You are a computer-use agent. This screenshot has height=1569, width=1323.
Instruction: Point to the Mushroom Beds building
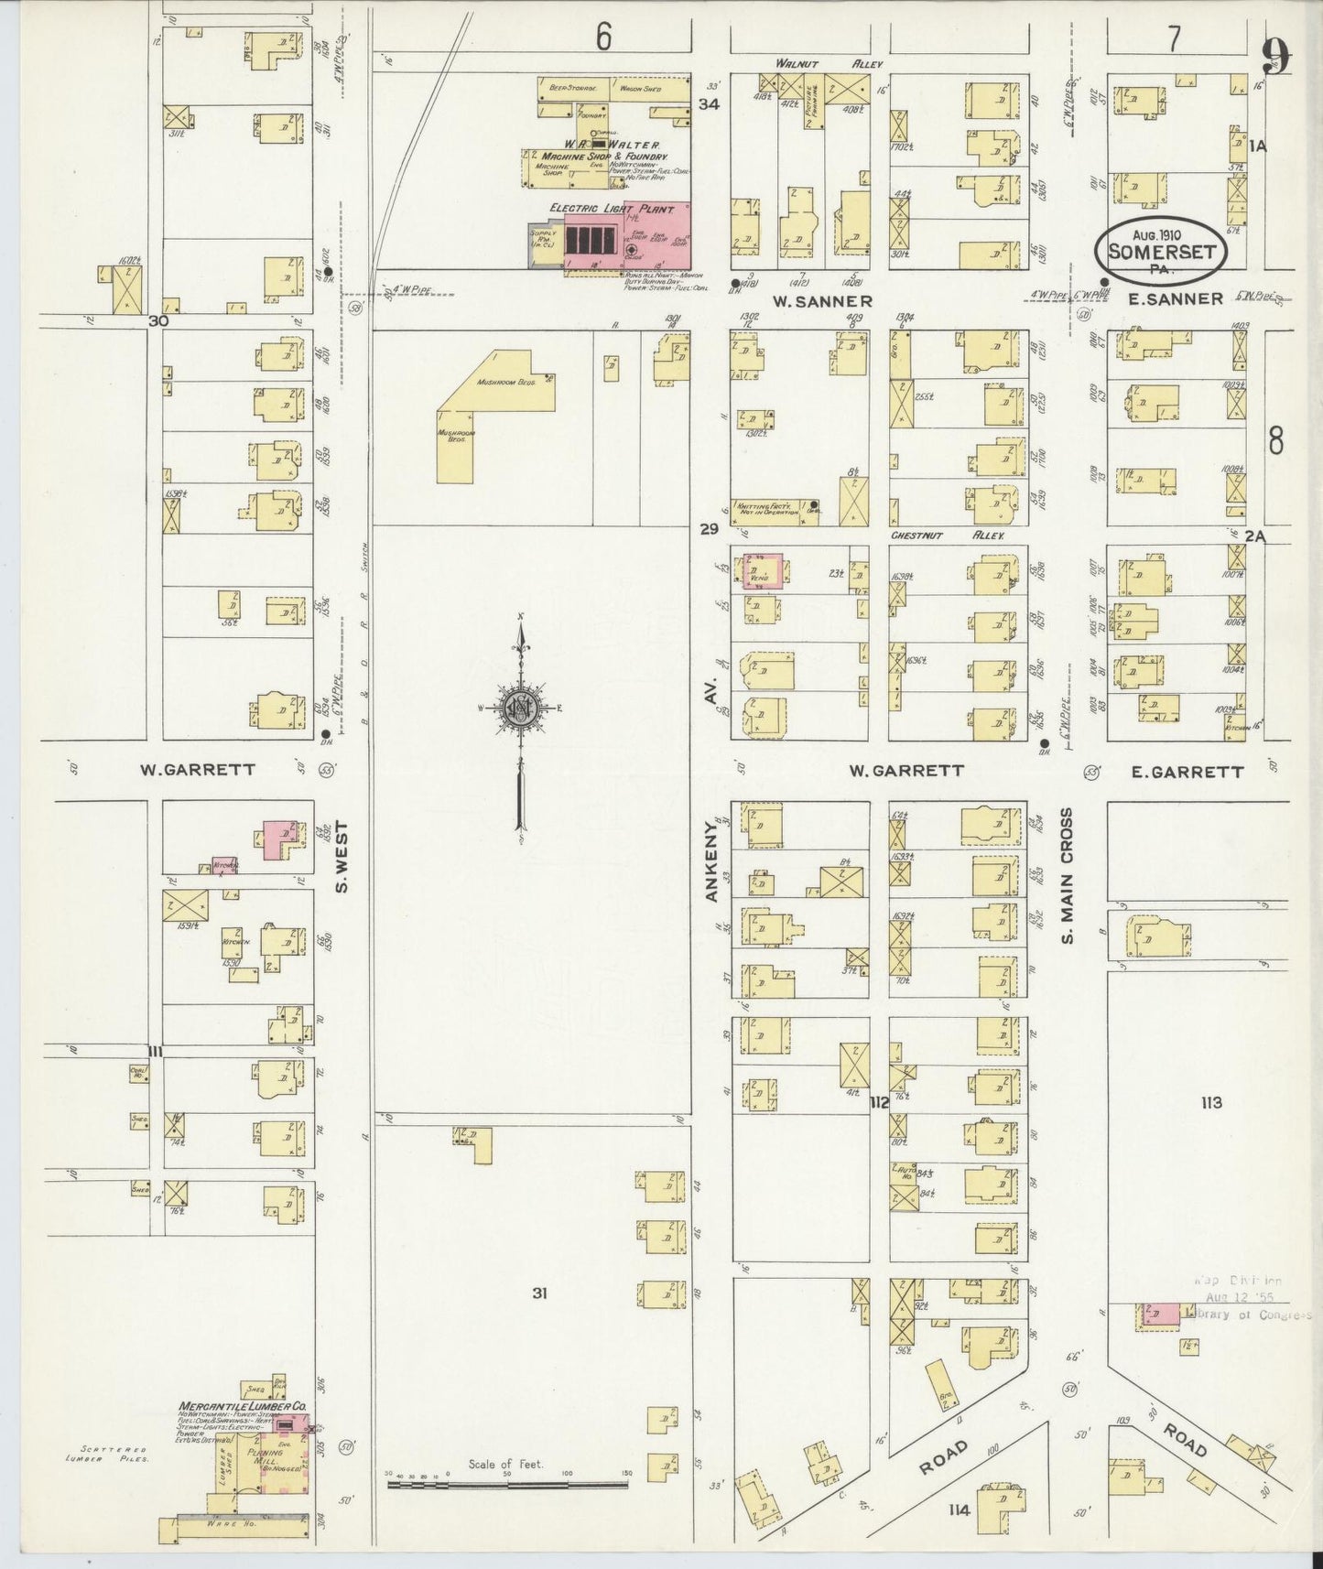pos(494,403)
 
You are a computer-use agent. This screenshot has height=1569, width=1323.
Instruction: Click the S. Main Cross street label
pos(1068,874)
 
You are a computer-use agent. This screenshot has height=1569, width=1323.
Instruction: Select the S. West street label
pos(343,856)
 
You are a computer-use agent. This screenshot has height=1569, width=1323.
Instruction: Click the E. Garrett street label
pos(1187,772)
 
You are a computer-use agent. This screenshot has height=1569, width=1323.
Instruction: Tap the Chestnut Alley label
pos(948,536)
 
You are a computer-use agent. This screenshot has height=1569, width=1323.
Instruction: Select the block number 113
pos(1210,1102)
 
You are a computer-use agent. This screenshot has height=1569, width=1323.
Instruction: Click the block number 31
pos(539,1293)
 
